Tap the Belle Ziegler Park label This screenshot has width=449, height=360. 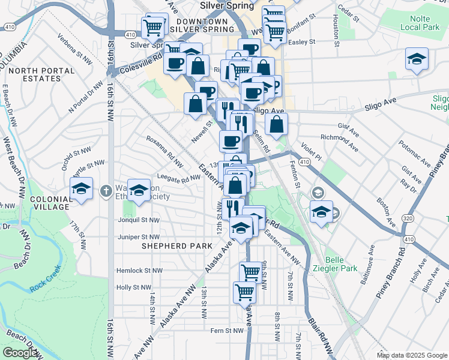coord(341,264)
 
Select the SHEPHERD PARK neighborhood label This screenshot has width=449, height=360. coord(176,246)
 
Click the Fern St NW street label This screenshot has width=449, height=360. coord(227,330)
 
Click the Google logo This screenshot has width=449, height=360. coord(20,353)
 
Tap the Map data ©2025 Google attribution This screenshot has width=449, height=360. coord(411,355)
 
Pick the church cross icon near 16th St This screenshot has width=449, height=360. coord(106,191)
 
